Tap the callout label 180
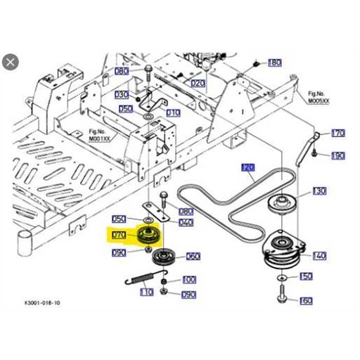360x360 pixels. tap(274, 63)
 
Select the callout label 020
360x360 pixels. tap(198, 83)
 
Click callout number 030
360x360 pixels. tap(122, 94)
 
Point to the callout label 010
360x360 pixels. tap(173, 112)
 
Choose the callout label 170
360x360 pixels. tap(338, 133)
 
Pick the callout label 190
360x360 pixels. tap(338, 155)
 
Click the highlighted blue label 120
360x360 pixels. tap(247, 167)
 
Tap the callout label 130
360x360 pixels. tap(319, 191)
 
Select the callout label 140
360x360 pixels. tap(319, 256)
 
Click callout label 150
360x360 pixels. tap(306, 277)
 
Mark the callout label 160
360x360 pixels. tap(306, 301)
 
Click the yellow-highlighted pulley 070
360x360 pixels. tap(148, 235)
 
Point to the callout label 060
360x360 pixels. tap(192, 256)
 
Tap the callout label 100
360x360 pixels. tap(188, 279)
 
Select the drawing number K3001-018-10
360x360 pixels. tap(42, 303)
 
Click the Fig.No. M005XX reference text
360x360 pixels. tap(319, 97)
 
